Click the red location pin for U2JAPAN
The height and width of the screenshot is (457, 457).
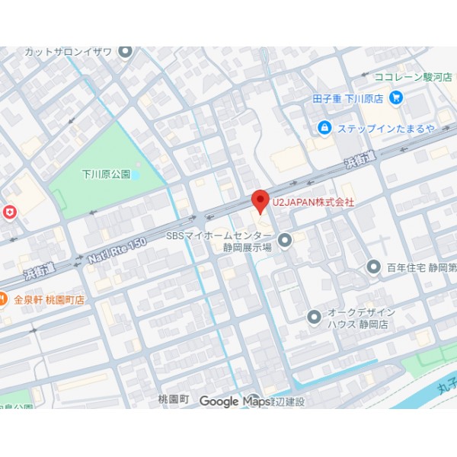pos(260,201)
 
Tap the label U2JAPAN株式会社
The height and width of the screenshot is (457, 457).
pos(313,203)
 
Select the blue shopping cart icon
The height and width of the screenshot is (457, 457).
pos(396,97)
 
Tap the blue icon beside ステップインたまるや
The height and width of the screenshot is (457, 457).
pos(324,127)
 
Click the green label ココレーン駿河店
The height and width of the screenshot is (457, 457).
pos(414,77)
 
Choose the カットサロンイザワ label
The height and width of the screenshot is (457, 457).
pos(69,52)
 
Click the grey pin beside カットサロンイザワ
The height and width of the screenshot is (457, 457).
pos(126,52)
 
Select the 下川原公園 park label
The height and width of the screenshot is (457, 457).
pos(106,174)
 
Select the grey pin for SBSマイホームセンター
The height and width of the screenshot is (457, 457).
pos(285,241)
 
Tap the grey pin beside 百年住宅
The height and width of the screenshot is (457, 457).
pos(373,267)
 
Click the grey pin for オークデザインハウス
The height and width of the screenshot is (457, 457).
pos(314,317)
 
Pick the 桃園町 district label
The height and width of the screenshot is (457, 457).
pos(173,399)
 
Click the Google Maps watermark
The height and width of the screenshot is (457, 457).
pos(230,401)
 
